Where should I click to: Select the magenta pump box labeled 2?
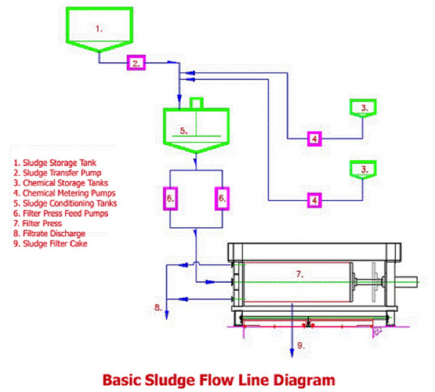click(136, 63)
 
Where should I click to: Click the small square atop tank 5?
click(196, 103)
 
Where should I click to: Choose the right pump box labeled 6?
click(221, 198)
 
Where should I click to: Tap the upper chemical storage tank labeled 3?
click(364, 108)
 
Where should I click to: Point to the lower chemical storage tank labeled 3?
click(364, 169)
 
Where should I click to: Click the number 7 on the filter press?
click(298, 273)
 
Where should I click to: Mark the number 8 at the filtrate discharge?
click(159, 307)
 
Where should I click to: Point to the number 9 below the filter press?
click(301, 346)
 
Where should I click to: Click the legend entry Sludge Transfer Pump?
click(58, 173)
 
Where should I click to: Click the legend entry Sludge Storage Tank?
click(56, 163)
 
